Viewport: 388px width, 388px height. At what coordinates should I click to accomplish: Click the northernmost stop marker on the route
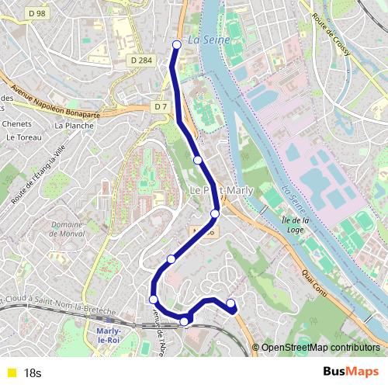tap(177, 44)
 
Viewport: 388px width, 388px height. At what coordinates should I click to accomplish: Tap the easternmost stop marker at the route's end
tap(230, 303)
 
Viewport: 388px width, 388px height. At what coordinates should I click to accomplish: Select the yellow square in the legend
tap(11, 373)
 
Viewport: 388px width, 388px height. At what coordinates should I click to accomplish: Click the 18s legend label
tap(33, 373)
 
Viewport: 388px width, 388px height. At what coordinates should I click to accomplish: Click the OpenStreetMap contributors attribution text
tap(320, 348)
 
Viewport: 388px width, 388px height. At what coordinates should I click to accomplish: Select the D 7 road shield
tap(161, 106)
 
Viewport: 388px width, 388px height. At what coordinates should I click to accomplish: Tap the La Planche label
tap(74, 124)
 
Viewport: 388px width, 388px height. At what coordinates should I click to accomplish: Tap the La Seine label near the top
tap(206, 40)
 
